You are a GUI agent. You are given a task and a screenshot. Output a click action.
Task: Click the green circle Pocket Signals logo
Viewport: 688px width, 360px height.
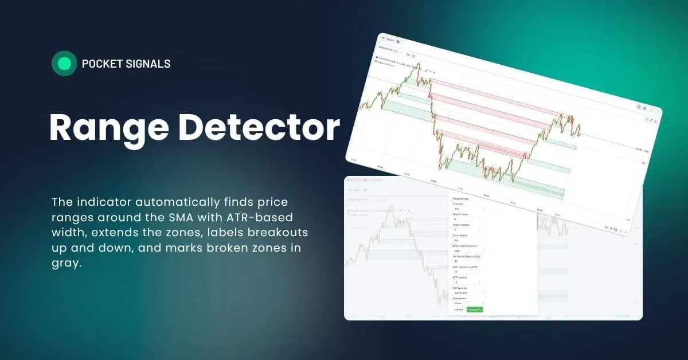click(x=64, y=64)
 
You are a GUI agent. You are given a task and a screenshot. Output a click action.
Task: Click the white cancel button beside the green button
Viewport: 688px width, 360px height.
click(x=458, y=310)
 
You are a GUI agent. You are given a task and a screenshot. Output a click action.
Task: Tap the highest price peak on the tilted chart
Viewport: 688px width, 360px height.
click(x=418, y=64)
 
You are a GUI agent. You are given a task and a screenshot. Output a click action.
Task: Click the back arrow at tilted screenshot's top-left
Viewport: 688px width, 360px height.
click(x=382, y=39)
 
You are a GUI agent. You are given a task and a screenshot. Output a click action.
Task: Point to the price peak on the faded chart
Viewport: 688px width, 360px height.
click(x=391, y=208)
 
